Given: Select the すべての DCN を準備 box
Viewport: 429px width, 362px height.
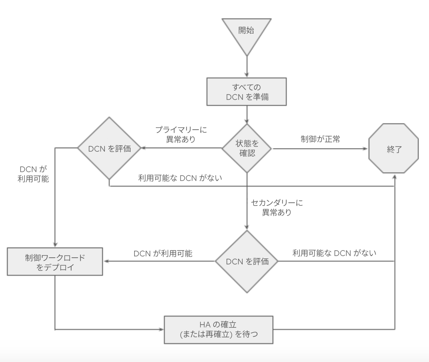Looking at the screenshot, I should [247, 92].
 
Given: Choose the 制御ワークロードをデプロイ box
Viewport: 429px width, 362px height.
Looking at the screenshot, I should [55, 262].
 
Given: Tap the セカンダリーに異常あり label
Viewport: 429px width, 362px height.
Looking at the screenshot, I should [277, 207].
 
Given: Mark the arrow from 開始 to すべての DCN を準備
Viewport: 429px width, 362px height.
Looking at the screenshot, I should [247, 66].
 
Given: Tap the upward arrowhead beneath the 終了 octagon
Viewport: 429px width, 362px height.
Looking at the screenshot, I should [395, 178].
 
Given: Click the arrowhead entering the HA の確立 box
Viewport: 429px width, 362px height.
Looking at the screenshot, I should [162, 329].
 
